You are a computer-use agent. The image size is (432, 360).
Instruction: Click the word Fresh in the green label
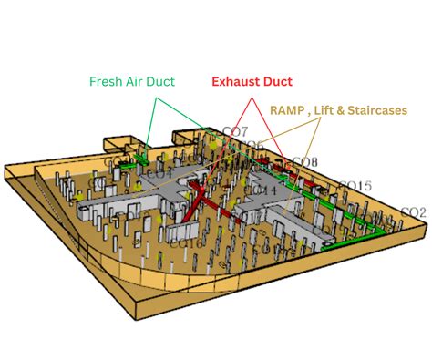pos(107,81)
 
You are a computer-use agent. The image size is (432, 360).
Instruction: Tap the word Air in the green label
pos(137,81)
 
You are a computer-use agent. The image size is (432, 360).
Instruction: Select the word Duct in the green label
pos(165,81)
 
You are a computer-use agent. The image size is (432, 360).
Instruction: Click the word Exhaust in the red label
pos(236,82)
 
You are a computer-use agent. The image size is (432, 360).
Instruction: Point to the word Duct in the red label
pos(277,82)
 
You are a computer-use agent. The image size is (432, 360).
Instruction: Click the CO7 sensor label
pos(234,133)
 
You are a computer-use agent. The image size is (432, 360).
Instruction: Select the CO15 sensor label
pos(355,186)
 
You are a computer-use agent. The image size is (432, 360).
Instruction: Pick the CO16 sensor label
pos(186,242)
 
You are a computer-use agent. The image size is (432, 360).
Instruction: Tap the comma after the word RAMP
pos(311,110)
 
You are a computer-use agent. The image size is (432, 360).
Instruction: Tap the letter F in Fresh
pos(93,81)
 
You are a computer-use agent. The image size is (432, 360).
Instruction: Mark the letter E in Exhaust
pos(216,82)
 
